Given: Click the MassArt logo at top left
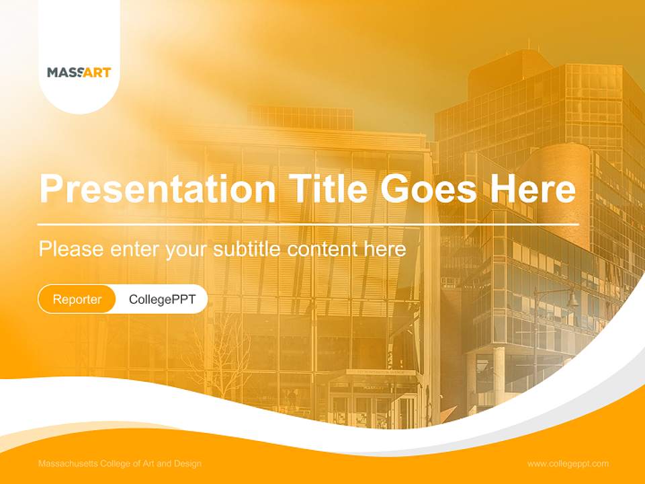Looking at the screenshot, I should (x=79, y=72).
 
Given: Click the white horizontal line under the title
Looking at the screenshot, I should (x=308, y=224).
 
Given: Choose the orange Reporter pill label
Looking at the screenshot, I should (x=77, y=299).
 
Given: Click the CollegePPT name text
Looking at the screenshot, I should (x=162, y=299).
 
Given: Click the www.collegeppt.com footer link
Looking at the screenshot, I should (x=568, y=464).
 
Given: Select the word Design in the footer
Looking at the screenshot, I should (x=187, y=464).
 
